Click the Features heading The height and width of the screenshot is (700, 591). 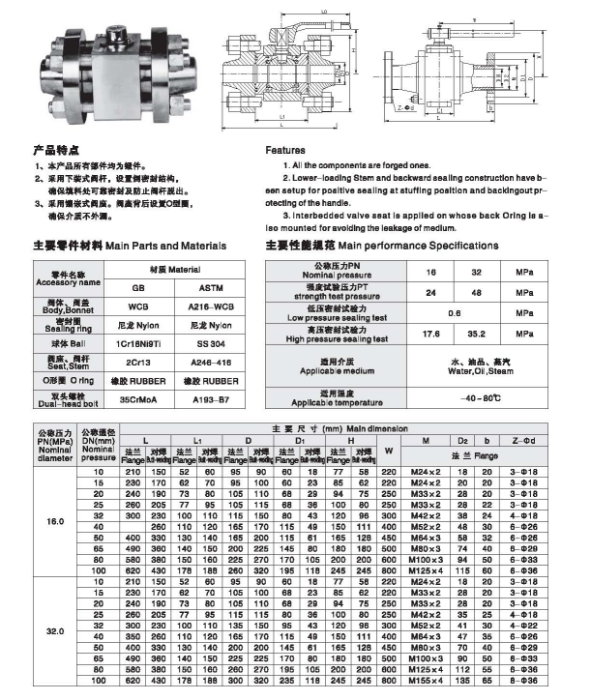[285, 152]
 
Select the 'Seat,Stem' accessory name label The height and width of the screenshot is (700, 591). [61, 364]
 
